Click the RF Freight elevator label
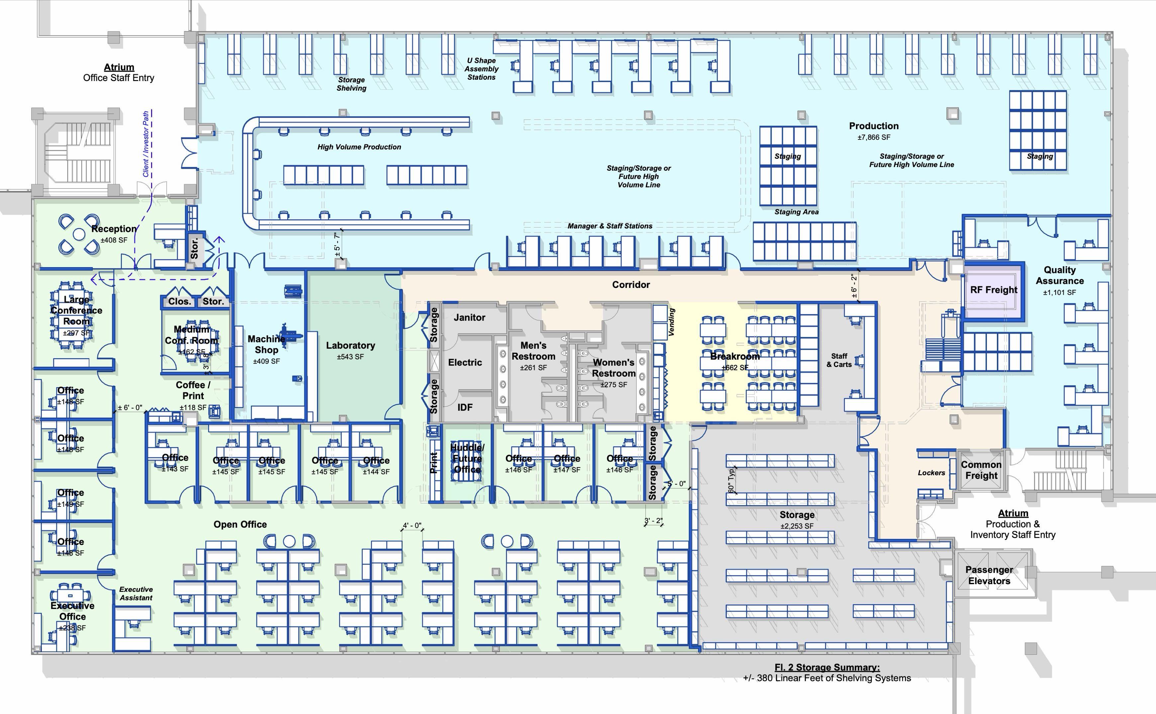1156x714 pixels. pos(994,290)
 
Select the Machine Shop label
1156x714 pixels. pos(266,344)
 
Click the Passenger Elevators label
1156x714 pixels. pos(989,575)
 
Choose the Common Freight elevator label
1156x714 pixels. pos(981,470)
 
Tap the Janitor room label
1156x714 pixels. pos(469,318)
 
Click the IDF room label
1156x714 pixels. pos(465,407)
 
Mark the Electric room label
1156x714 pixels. pos(465,362)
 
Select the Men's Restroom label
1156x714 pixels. pos(533,351)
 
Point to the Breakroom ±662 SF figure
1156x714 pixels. pos(735,367)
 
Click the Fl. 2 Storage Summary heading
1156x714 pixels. pos(827,667)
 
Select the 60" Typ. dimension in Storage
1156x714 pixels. pos(731,480)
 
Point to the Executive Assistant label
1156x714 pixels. pos(136,593)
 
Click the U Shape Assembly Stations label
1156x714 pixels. pos(481,69)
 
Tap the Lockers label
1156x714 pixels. pos(931,473)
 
